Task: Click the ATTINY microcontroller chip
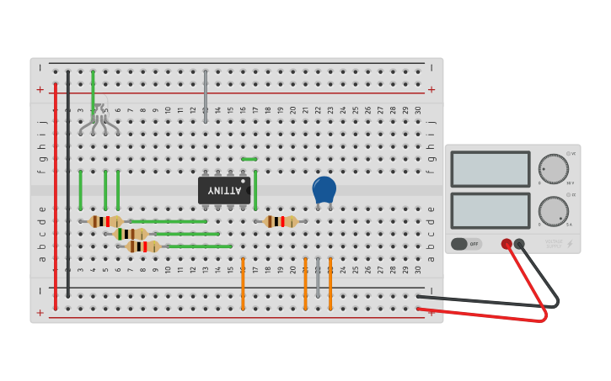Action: coord(223,190)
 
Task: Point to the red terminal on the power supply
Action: coord(506,244)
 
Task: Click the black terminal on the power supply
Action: coord(519,244)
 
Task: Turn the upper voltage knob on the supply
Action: coord(553,168)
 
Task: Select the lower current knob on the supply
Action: coord(553,210)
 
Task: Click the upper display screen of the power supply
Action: coord(490,169)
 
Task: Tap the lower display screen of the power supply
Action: coord(490,210)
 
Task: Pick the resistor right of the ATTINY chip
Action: coord(281,221)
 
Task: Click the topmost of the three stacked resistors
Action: coord(105,221)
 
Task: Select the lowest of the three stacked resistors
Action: coord(143,246)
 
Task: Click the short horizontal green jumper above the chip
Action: coord(249,159)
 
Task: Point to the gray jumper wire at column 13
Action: coord(205,97)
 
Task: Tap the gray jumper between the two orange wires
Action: coord(318,278)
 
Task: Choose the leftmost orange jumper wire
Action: coord(243,283)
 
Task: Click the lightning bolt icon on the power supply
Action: coord(570,244)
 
